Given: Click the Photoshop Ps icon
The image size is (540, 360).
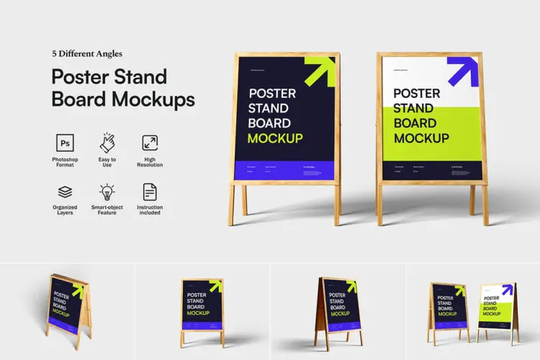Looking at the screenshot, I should (66, 143).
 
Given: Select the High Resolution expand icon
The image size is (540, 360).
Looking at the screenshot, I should (150, 143).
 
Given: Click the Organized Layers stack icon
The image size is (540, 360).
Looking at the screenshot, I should (66, 192).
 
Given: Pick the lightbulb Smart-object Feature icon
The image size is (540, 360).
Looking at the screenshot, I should (107, 192).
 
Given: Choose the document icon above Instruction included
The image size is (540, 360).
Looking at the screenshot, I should (150, 192).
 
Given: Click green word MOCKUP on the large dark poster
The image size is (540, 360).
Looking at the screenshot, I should (275, 138).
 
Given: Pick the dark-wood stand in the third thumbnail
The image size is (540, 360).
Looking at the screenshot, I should (338, 305).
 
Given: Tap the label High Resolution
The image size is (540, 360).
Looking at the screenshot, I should (150, 162).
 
